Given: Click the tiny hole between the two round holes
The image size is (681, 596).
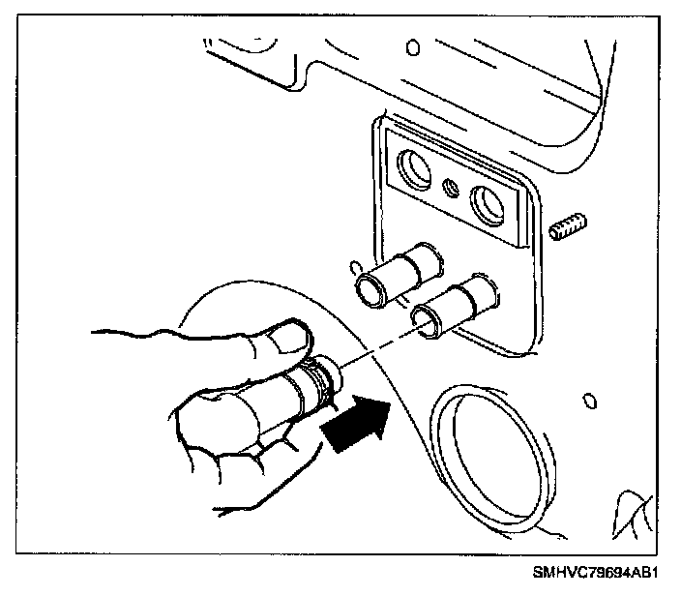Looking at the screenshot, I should pos(450,187).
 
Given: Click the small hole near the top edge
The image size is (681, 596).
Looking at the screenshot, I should pos(413,46).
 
